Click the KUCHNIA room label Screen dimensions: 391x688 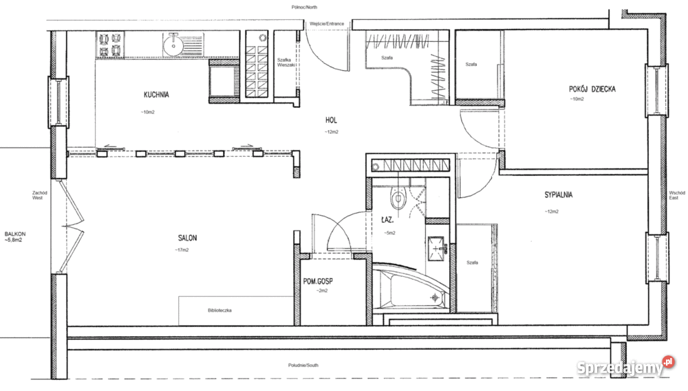(x=156, y=95)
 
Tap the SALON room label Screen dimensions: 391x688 (x=187, y=238)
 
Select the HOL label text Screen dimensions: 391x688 (x=332, y=120)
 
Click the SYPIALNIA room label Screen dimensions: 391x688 (x=557, y=194)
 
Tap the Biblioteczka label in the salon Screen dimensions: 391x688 (x=219, y=311)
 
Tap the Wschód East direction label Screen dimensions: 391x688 (x=677, y=196)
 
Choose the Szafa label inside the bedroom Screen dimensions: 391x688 (x=472, y=262)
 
